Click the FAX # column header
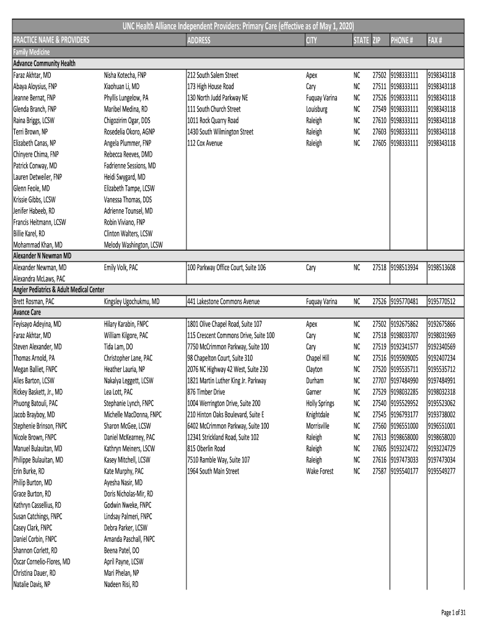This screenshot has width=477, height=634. (435, 40)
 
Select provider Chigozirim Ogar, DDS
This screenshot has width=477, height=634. (127, 120)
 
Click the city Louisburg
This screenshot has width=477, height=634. (317, 109)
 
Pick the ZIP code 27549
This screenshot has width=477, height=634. (379, 109)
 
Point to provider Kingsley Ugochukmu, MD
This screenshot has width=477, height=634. (132, 302)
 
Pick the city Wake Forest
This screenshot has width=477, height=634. (320, 471)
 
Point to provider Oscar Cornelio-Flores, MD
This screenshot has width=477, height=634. (42, 562)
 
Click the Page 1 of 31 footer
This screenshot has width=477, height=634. (453, 613)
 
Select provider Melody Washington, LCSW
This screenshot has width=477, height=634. (133, 245)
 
